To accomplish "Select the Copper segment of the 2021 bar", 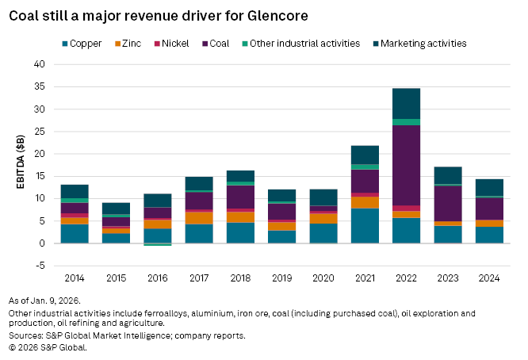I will pyautogui.click(x=365, y=226).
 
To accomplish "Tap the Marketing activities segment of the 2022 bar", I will pyautogui.click(x=406, y=103).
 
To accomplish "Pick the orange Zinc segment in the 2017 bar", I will pyautogui.click(x=199, y=218).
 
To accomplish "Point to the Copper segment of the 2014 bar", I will pyautogui.click(x=75, y=234).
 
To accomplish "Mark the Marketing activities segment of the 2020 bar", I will pyautogui.click(x=323, y=197).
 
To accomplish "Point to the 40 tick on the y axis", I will pyautogui.click(x=39, y=64).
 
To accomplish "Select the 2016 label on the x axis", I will pyautogui.click(x=158, y=279).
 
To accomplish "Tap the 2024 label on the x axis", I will pyautogui.click(x=489, y=279).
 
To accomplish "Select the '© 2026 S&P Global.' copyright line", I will pyautogui.click(x=48, y=347).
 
